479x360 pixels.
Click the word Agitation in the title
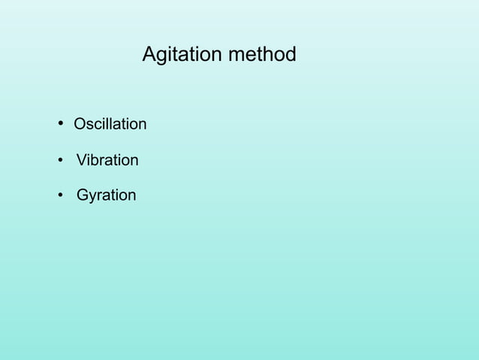point(178,55)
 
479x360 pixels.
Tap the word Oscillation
point(110,124)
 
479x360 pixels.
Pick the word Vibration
point(107,161)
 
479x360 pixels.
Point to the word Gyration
point(106,196)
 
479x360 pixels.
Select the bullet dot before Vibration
point(59,161)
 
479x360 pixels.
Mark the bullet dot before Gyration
point(59,196)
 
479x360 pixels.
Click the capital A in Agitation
point(149,55)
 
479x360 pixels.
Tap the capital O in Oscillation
point(80,124)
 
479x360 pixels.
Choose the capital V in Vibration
point(82,161)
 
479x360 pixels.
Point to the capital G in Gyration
point(83,196)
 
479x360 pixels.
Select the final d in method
point(291,55)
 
